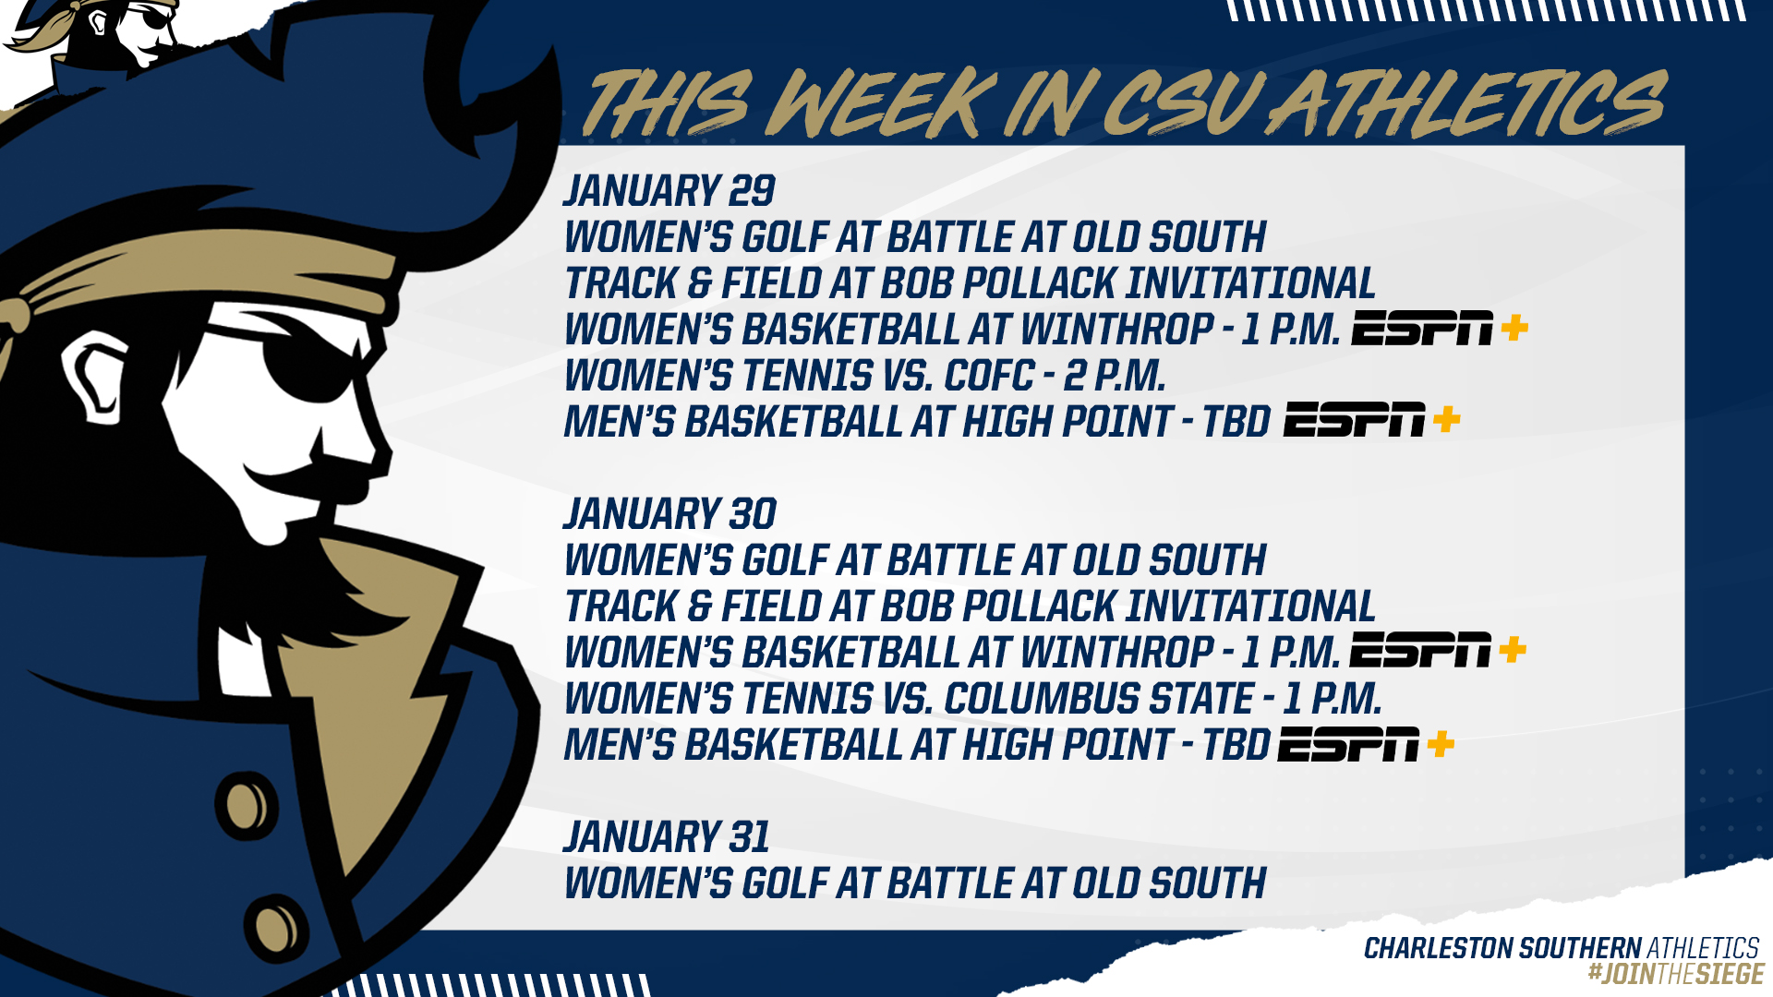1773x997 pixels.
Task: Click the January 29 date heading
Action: click(669, 191)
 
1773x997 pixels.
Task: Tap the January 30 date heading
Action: click(670, 514)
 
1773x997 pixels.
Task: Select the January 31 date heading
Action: click(667, 837)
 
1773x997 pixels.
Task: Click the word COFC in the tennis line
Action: click(989, 376)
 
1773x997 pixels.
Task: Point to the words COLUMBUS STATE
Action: click(1099, 699)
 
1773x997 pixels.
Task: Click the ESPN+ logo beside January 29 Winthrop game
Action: click(1440, 329)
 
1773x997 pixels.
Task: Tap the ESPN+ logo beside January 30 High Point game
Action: click(1367, 744)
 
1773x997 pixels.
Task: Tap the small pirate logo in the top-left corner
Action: click(102, 37)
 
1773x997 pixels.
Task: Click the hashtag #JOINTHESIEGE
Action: click(1676, 974)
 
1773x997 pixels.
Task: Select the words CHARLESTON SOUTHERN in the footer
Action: click(1502, 948)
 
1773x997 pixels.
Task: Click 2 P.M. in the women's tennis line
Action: click(1115, 376)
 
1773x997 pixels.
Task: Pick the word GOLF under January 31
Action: click(786, 883)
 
